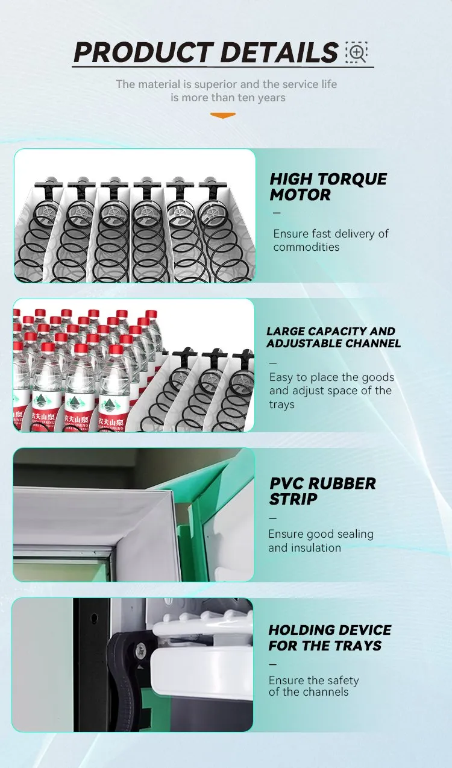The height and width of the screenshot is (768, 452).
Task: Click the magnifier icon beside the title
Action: (x=356, y=52)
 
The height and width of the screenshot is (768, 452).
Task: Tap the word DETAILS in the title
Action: (x=279, y=52)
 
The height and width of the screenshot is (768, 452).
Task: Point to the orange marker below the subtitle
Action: (x=223, y=116)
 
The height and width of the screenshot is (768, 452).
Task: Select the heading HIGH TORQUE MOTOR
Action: (x=328, y=187)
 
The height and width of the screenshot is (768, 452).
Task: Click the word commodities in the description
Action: (x=306, y=247)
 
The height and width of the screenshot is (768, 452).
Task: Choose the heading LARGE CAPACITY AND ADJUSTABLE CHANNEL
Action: (x=333, y=338)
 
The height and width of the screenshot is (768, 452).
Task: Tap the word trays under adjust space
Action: (x=281, y=404)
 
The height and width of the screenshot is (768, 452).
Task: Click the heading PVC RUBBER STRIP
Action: (x=322, y=491)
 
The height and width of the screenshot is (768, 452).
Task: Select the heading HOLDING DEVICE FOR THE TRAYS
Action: (x=330, y=638)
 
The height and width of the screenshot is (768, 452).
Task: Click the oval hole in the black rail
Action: (x=94, y=618)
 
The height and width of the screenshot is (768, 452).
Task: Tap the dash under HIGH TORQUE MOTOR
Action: (x=277, y=213)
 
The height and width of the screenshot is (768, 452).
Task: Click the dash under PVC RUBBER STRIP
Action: (x=273, y=518)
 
